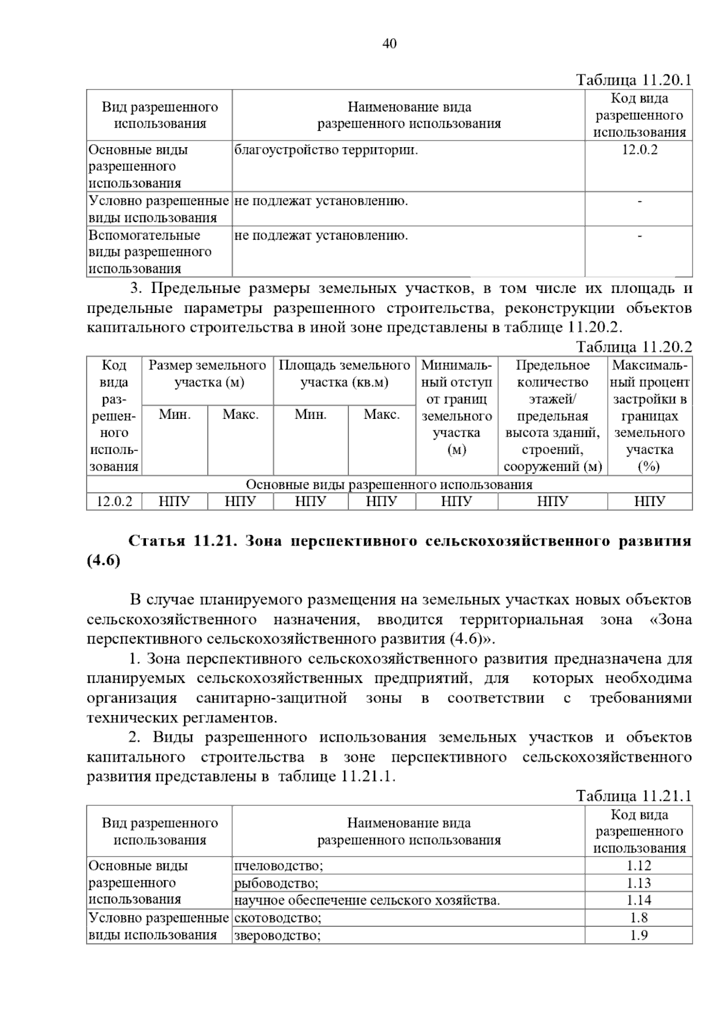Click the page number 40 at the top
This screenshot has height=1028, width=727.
pyautogui.click(x=390, y=44)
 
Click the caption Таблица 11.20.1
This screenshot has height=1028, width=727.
pyautogui.click(x=633, y=81)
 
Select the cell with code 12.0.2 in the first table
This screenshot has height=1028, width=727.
pyautogui.click(x=639, y=150)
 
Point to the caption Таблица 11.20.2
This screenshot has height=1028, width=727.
pyautogui.click(x=633, y=347)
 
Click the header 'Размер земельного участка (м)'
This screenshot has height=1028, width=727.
pyautogui.click(x=207, y=374)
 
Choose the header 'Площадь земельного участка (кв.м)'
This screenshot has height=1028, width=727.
pyautogui.click(x=344, y=374)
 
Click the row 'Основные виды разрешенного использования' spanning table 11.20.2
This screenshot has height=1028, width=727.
pyautogui.click(x=389, y=484)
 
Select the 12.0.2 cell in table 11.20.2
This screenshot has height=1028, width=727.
pyautogui.click(x=114, y=501)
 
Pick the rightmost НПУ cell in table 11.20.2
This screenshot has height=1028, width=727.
pyautogui.click(x=649, y=501)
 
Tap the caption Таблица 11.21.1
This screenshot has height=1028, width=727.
pyautogui.click(x=633, y=796)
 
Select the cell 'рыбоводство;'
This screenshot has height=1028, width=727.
pyautogui.click(x=276, y=883)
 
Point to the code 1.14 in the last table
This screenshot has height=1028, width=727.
pyautogui.click(x=639, y=900)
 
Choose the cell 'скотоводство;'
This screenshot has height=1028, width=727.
pyautogui.click(x=278, y=918)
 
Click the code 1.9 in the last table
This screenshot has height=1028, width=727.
pyautogui.click(x=639, y=935)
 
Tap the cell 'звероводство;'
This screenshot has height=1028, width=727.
pyautogui.click(x=277, y=935)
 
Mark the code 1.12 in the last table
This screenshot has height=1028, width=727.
pyautogui.click(x=639, y=866)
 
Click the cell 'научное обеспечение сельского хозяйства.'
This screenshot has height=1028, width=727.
pyautogui.click(x=367, y=900)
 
